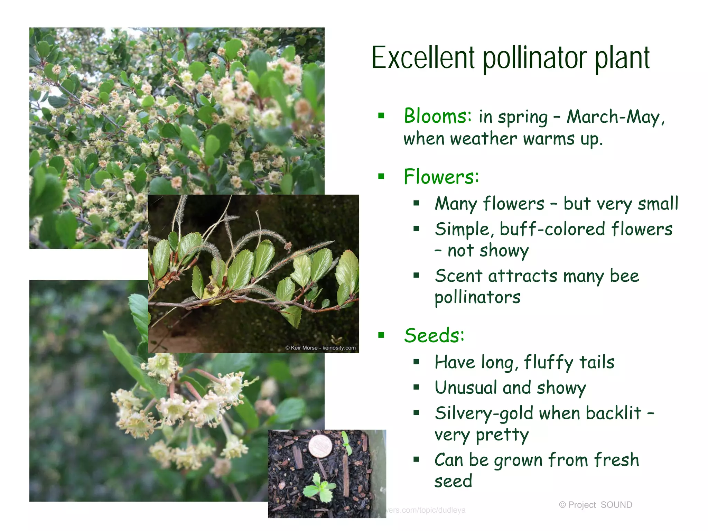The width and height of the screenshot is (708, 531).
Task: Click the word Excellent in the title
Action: (423, 58)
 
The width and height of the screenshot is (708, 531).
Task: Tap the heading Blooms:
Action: (438, 116)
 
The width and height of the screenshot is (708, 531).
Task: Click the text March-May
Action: (613, 117)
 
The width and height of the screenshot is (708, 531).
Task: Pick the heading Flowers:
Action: (441, 177)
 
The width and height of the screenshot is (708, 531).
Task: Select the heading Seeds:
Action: (434, 335)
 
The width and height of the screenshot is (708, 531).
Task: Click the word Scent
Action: (458, 276)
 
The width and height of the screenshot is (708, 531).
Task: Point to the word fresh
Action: (616, 460)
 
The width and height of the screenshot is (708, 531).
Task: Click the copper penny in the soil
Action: (320, 446)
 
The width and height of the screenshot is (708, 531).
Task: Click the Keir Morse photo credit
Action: (320, 348)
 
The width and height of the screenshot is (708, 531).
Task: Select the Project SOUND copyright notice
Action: (595, 505)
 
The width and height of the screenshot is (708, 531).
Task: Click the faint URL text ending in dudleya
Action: (426, 510)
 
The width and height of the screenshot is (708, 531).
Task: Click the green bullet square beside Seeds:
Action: (381, 335)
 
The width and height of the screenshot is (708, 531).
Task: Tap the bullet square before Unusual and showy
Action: (416, 388)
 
